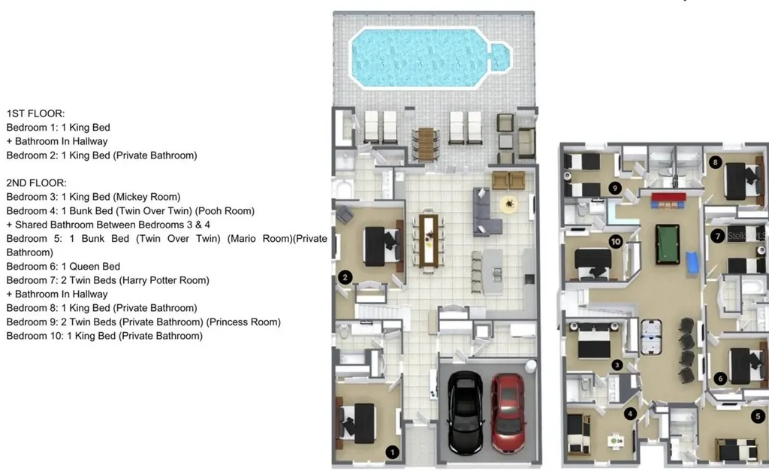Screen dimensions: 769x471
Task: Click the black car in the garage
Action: (x=465, y=412)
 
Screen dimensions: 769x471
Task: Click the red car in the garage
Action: (x=508, y=412)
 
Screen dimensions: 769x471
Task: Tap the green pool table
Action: (x=668, y=244)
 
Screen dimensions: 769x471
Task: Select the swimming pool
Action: (x=430, y=58)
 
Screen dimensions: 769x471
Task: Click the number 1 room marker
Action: (x=392, y=452)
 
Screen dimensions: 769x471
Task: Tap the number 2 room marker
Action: (x=345, y=277)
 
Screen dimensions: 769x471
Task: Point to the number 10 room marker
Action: (x=616, y=241)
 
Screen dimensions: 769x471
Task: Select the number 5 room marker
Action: (x=758, y=416)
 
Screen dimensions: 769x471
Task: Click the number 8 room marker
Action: (x=715, y=162)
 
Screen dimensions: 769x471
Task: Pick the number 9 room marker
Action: (x=614, y=187)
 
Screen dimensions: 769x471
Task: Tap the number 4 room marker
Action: (x=630, y=414)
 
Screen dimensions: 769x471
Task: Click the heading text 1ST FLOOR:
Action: (x=35, y=113)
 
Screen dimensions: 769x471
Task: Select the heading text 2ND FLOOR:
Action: (x=36, y=183)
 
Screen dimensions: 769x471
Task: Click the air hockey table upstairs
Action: (x=651, y=337)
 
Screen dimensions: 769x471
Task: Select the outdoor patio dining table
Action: (x=426, y=144)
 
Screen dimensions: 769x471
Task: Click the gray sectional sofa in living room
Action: (x=487, y=211)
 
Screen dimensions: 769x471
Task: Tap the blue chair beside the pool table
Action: (x=692, y=262)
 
